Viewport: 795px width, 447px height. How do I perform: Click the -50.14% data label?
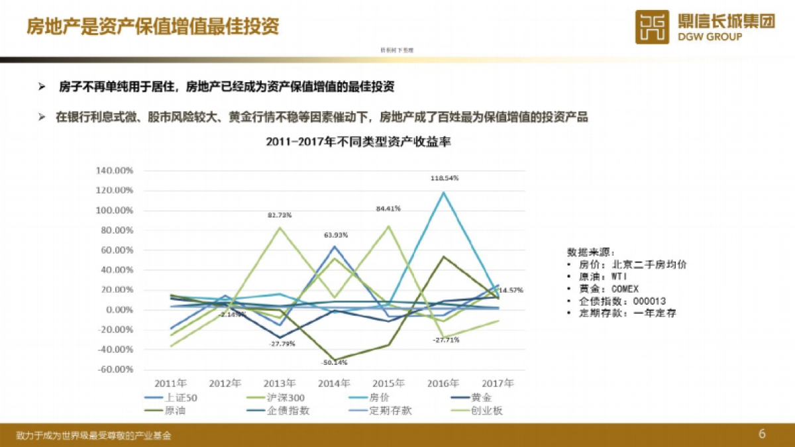coord(335,362)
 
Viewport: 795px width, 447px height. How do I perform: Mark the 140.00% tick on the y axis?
coord(115,170)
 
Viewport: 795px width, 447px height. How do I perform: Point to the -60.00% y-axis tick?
coord(115,370)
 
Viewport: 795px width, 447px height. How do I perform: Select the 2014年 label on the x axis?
coord(335,383)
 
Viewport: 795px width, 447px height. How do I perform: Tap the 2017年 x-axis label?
coord(497,383)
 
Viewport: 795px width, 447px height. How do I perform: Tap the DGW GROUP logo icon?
coord(653,27)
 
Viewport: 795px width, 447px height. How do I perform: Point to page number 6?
coord(762,434)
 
